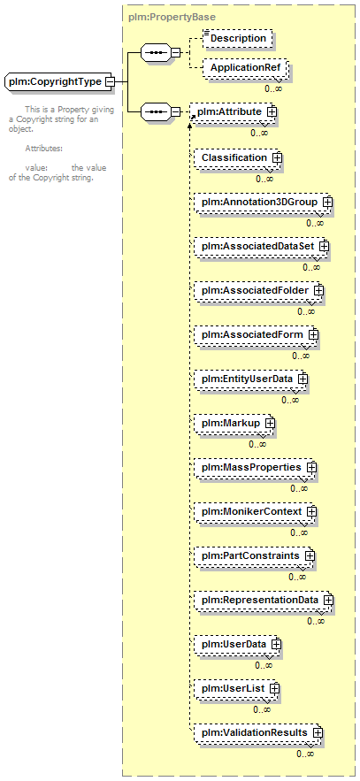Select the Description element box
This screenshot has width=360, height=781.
(238, 38)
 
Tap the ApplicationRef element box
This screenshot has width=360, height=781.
(245, 67)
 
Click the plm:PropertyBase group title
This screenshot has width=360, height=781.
(172, 17)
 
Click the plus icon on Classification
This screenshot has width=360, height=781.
(277, 158)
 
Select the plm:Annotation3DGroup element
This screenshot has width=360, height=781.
(263, 203)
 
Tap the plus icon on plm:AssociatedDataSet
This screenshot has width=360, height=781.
(324, 246)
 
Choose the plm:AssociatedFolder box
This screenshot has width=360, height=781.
(258, 290)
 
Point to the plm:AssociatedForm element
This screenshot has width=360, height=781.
(256, 334)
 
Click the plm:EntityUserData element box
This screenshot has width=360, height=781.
(250, 379)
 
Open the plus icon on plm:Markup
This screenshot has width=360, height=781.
(270, 423)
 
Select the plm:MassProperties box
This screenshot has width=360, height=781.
(255, 468)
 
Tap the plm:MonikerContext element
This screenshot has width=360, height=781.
(255, 511)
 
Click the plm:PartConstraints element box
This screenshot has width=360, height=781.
(254, 555)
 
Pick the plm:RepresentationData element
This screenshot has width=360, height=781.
(264, 601)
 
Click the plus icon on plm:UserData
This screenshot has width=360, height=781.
(276, 644)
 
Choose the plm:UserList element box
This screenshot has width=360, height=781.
(236, 688)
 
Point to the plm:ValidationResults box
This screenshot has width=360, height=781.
(258, 732)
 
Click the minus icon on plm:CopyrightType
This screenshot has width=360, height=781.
(110, 81)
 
